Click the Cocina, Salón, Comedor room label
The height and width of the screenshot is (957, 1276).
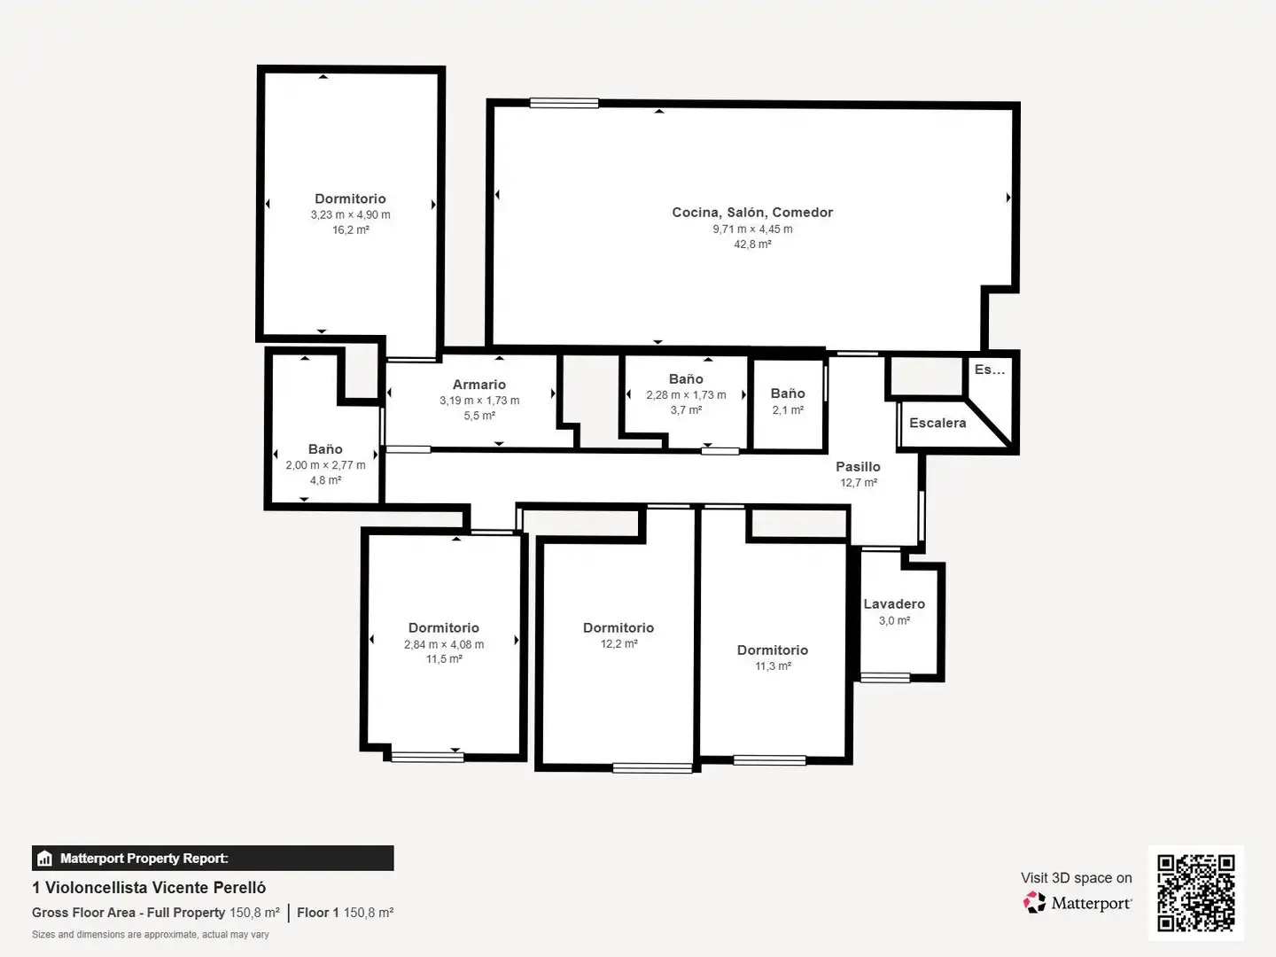[x=752, y=213]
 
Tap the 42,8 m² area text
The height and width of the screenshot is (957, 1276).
[x=752, y=244]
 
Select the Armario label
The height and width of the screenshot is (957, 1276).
[x=479, y=384]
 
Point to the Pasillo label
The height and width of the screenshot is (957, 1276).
[x=858, y=467]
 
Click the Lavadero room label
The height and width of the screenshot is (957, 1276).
[x=894, y=603]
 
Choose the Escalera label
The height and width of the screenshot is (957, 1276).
[x=938, y=423]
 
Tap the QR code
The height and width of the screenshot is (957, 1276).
[x=1195, y=893]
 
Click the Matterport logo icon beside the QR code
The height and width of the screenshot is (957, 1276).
[x=1034, y=902]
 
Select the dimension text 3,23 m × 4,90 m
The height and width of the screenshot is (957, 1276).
[x=351, y=214]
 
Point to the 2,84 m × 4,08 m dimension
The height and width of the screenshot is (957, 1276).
[x=444, y=644]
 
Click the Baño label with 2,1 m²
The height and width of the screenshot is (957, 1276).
[x=788, y=393]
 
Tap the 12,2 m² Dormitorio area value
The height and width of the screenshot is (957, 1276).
[x=619, y=644]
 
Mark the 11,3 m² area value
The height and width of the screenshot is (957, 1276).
[x=773, y=665]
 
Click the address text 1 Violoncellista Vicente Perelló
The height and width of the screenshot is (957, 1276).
[x=149, y=887]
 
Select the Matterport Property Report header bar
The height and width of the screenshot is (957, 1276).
[x=213, y=859]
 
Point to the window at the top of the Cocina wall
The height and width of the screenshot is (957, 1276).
[x=564, y=104]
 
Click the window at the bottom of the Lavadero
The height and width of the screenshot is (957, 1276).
[x=885, y=677]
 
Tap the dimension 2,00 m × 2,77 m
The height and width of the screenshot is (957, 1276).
[x=325, y=465]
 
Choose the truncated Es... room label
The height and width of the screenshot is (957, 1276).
[x=990, y=370]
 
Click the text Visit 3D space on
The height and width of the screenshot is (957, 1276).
[x=1076, y=878]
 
